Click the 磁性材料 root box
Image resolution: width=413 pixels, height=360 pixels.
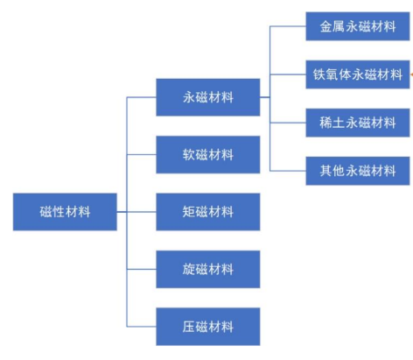pos(65,212)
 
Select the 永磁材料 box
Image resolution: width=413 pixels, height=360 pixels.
pos(208,97)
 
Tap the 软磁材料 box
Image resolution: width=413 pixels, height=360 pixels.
pos(208,154)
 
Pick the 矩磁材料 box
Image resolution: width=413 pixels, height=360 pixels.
pos(208,212)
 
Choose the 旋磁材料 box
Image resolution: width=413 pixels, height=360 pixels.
pos(208,269)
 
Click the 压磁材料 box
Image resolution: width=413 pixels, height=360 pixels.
pos(208,327)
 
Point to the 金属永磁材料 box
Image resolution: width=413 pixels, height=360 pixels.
pos(358,26)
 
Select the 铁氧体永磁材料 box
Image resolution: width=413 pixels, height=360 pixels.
pos(358,74)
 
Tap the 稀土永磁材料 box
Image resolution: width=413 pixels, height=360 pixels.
pos(358,123)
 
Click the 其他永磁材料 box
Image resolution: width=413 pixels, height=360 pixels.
pos(358,171)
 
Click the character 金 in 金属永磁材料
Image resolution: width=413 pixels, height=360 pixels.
pos(325,26)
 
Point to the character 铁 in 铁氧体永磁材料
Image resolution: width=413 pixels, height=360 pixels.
pos(319,74)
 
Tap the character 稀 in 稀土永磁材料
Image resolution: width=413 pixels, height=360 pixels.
pos(325,123)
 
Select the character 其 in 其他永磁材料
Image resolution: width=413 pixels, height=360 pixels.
pos(325,171)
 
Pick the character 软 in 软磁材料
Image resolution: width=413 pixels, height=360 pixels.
pos(188,155)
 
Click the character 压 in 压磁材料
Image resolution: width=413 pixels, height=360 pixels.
pos(188,327)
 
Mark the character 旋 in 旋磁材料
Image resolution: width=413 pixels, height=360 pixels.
pos(188,269)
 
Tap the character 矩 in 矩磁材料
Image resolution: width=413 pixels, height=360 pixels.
pos(188,212)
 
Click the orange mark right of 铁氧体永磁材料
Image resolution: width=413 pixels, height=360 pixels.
pos(411,74)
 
